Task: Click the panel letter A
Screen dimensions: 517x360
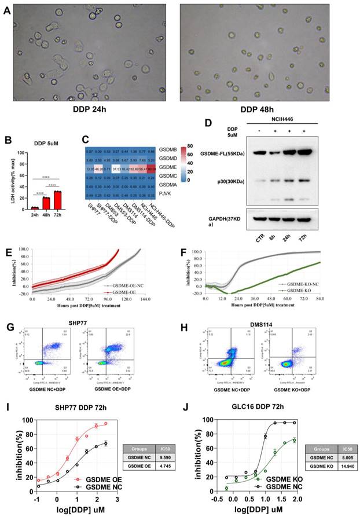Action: pyautogui.click(x=6, y=10)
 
